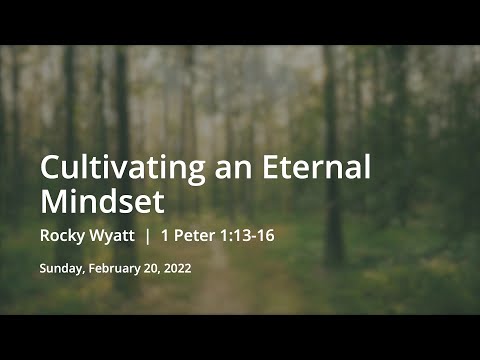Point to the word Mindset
(x=102, y=201)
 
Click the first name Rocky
(x=63, y=238)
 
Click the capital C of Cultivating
(x=50, y=168)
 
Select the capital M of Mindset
(x=54, y=201)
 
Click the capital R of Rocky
(x=45, y=238)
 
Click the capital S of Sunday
(x=43, y=268)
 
